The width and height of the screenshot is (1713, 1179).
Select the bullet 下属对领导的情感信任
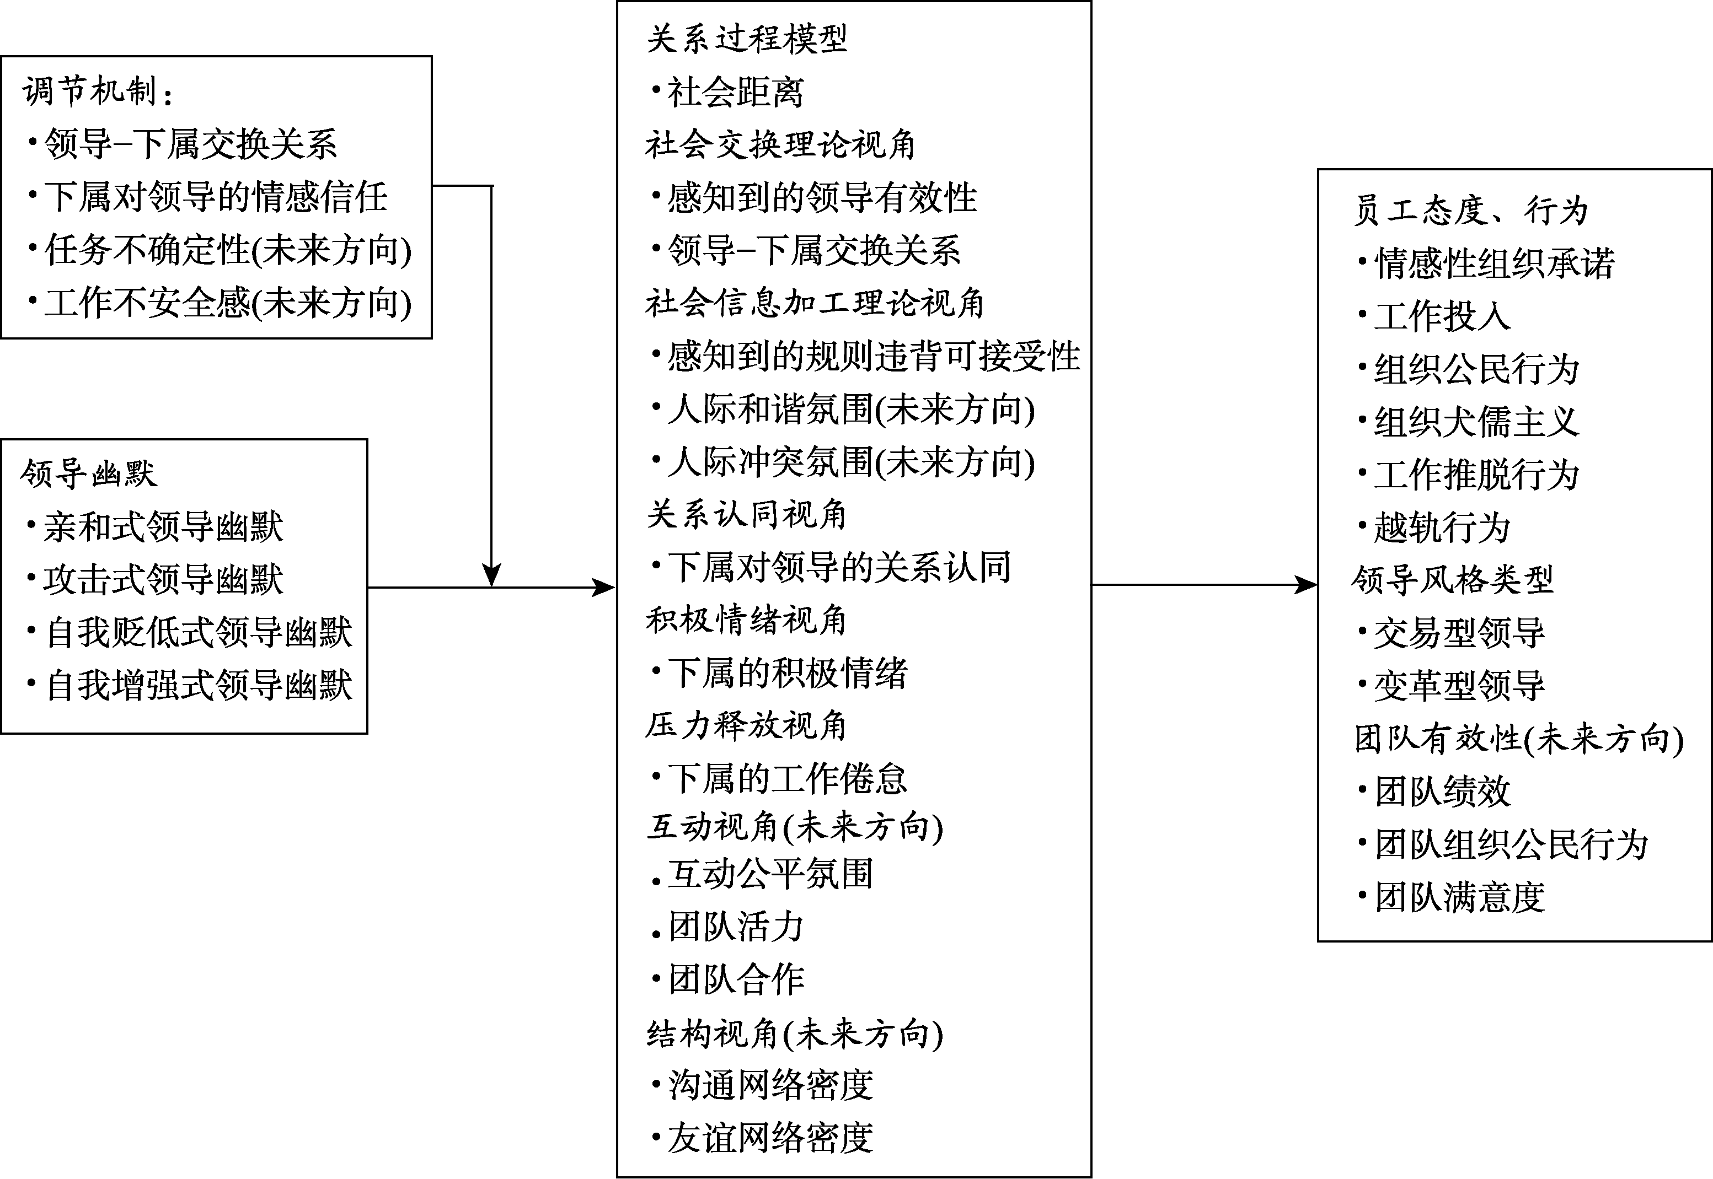tap(215, 197)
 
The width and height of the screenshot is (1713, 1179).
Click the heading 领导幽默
tap(89, 473)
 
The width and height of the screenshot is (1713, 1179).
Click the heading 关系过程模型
tap(746, 39)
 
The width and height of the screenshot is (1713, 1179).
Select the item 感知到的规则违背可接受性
tap(872, 357)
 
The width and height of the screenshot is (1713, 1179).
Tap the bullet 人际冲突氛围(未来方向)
tap(850, 462)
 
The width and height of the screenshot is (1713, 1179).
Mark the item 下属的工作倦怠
tap(786, 779)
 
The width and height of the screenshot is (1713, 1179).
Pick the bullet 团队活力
tap(735, 927)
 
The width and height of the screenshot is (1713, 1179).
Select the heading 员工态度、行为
tap(1470, 211)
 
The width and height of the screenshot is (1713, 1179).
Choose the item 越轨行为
tap(1441, 528)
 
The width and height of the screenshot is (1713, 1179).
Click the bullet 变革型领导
tap(1459, 686)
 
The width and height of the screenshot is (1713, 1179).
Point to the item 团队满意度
tap(1459, 897)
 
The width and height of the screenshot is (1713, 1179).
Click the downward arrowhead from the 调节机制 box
tap(491, 575)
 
